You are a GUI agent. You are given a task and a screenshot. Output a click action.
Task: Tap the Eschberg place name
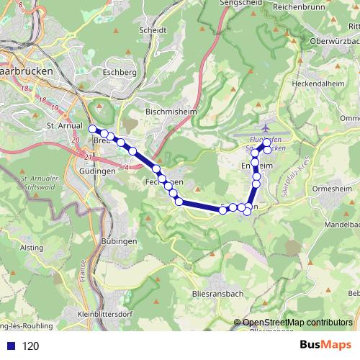(120, 73)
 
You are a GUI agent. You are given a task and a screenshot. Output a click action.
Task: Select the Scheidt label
(154, 31)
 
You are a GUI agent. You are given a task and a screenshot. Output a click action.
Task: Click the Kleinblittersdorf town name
(104, 315)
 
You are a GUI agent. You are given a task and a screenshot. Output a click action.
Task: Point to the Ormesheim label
(330, 188)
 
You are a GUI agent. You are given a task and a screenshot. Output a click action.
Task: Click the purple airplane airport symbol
(266, 128)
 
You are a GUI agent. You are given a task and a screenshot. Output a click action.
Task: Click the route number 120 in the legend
(30, 346)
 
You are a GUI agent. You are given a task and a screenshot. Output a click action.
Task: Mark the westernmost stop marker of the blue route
(93, 129)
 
